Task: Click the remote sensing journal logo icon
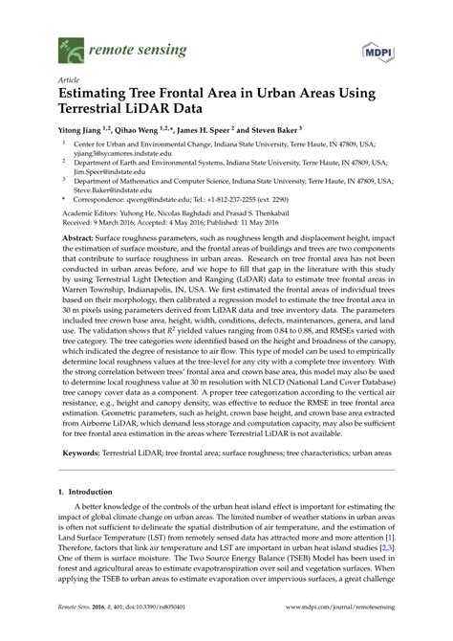[68, 46]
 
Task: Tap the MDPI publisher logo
[377, 48]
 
